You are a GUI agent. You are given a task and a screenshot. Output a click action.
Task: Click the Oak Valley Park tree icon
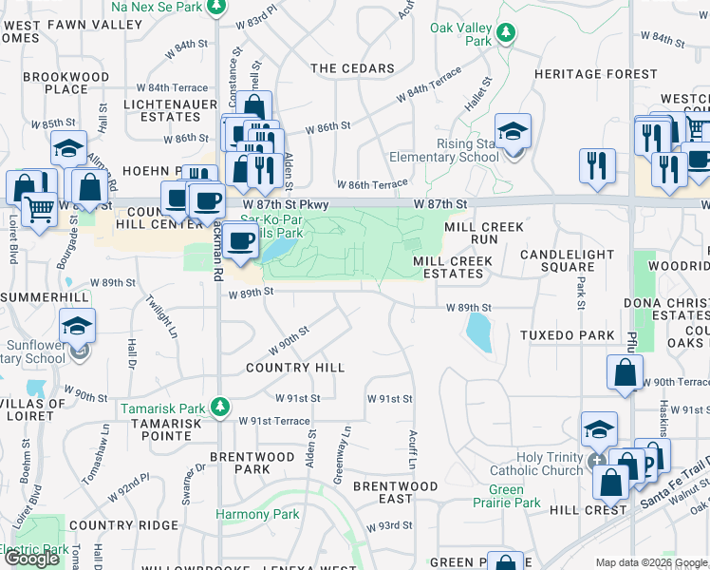[x=507, y=33]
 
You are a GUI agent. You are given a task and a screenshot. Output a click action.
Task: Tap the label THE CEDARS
[x=352, y=68]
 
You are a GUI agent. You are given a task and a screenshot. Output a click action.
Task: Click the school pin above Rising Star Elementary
[x=513, y=131]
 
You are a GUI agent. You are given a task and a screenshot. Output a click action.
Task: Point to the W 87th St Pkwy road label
[x=285, y=204]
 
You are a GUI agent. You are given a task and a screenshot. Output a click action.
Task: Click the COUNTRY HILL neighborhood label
[x=294, y=367]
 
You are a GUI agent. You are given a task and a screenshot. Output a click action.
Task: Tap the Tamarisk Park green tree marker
[x=220, y=407]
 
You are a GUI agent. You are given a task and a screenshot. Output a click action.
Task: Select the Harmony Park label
[x=257, y=515]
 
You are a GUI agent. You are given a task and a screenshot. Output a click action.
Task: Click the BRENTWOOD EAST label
[x=396, y=492]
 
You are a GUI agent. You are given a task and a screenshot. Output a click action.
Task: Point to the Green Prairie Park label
[x=514, y=497]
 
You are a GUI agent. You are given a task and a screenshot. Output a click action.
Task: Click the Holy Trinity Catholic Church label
[x=536, y=463]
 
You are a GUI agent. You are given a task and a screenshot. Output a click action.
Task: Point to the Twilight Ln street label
[x=161, y=316]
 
